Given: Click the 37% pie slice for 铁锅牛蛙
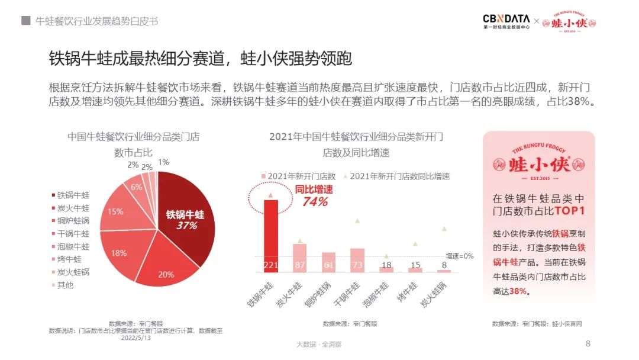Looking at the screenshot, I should (183, 219).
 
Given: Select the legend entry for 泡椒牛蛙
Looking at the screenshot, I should (73, 246).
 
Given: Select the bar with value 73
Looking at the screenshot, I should (357, 260).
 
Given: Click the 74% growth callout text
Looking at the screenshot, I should (314, 201).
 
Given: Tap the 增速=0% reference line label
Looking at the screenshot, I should (460, 256).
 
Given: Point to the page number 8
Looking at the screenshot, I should (588, 343).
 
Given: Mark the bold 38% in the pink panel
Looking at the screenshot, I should (518, 291).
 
